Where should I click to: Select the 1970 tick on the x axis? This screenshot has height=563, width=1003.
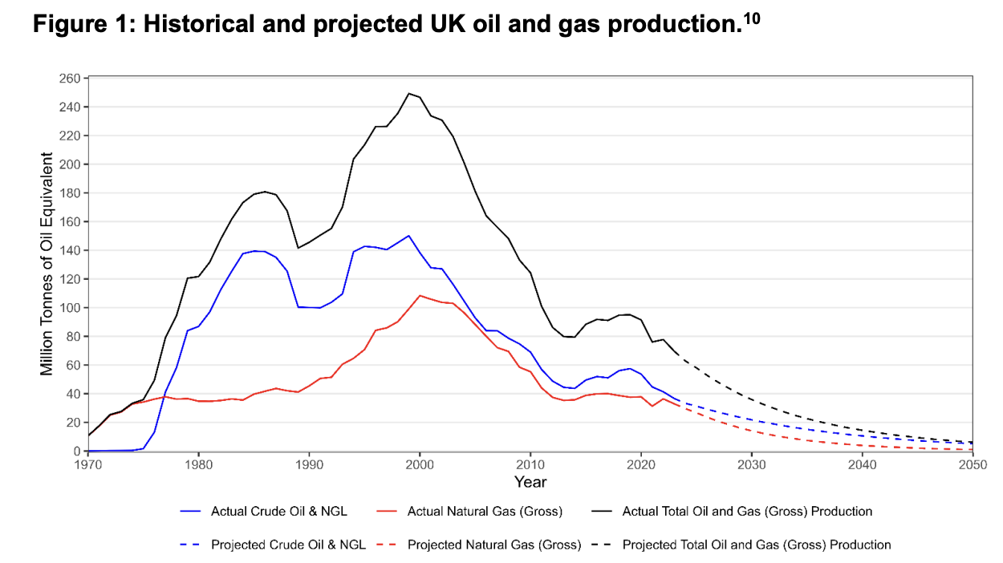coord(88,464)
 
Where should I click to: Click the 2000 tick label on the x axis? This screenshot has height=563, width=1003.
coord(420,464)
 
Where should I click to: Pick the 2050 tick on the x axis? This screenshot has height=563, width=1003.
coord(972,464)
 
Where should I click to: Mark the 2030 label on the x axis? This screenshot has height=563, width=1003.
coord(751,464)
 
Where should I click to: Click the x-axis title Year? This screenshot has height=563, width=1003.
coord(530,482)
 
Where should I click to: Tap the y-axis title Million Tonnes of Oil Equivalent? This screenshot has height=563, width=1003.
coord(48,265)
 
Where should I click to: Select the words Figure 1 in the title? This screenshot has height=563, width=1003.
coord(80,26)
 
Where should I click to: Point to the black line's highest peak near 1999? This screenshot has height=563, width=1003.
coord(409,93)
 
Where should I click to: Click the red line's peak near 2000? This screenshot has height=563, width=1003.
coord(420,295)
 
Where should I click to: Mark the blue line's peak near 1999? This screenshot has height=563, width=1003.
coord(409,236)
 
